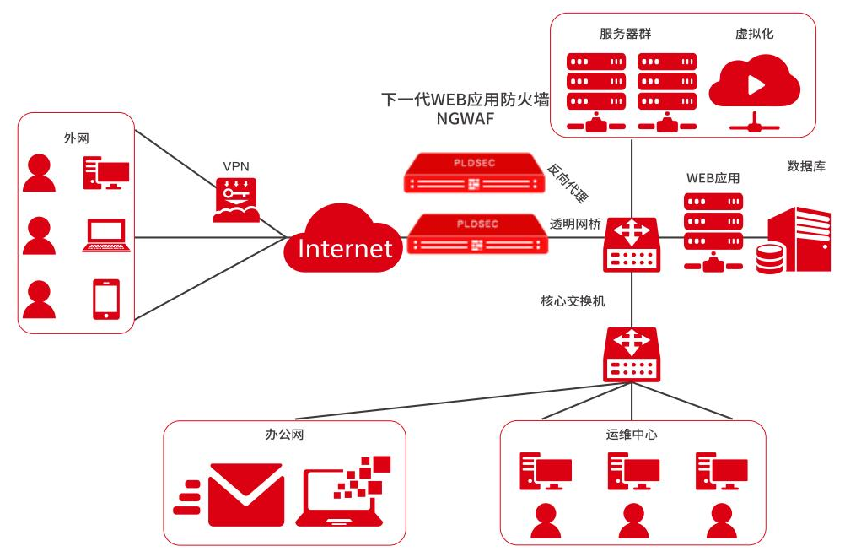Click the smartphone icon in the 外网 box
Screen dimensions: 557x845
[x=105, y=299]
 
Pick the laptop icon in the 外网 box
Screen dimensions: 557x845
[x=106, y=235]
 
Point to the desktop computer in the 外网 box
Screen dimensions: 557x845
[x=105, y=173]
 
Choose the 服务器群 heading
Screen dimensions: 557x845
[x=625, y=34]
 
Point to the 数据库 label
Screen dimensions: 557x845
[x=805, y=166]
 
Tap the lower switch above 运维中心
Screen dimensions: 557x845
[x=632, y=355]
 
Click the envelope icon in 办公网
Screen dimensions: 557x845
[x=245, y=495]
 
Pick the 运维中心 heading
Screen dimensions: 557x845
[x=632, y=435]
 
